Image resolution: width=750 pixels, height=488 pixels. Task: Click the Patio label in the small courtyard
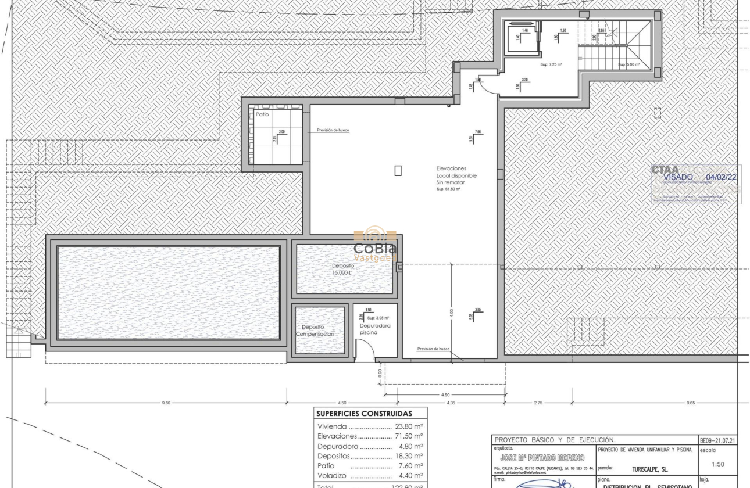point(263,115)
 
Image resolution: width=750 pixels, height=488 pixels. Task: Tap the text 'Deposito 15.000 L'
point(343,269)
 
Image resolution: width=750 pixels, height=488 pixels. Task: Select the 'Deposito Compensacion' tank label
point(316,331)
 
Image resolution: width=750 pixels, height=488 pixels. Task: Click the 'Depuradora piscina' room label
point(375,329)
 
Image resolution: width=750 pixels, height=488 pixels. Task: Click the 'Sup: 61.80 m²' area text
point(448,189)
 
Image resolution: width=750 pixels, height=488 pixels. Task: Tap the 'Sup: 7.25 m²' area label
point(551,64)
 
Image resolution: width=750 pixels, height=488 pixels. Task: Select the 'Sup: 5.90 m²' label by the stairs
point(628,64)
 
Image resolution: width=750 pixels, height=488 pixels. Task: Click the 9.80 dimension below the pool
point(166,403)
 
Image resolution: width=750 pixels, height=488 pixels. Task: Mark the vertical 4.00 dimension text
point(451,312)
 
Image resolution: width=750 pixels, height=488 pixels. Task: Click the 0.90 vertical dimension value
point(380,373)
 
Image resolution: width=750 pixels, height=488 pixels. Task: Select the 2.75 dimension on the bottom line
point(538,403)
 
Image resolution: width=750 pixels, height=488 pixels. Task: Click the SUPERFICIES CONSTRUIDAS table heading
point(364,414)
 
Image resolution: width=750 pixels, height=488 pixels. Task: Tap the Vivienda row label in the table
point(333,426)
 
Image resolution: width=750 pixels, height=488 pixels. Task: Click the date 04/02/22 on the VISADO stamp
point(721,177)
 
